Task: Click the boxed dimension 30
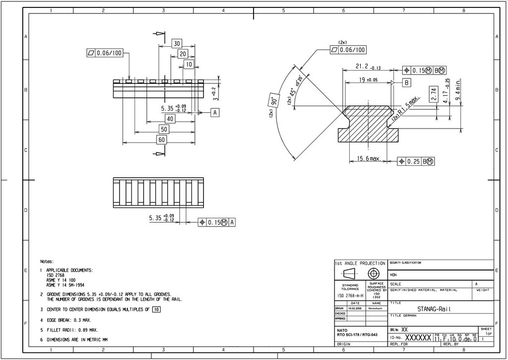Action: point(177,43)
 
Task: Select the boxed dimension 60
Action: point(161,140)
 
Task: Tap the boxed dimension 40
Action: point(170,119)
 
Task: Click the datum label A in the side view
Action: point(215,113)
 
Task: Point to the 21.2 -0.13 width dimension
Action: point(368,67)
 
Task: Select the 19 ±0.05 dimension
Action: point(368,79)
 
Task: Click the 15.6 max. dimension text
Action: point(369,159)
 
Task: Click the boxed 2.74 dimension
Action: point(434,94)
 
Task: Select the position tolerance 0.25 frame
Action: point(416,161)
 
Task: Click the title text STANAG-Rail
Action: point(434,309)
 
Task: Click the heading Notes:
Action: point(47,261)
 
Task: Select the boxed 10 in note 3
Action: point(156,309)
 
